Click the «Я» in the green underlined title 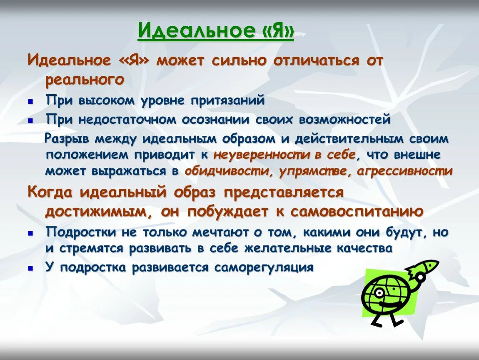click(277, 31)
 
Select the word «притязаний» click(228, 100)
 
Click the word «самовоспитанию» click(357, 211)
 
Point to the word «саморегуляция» click(264, 267)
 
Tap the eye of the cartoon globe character click(380, 292)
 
